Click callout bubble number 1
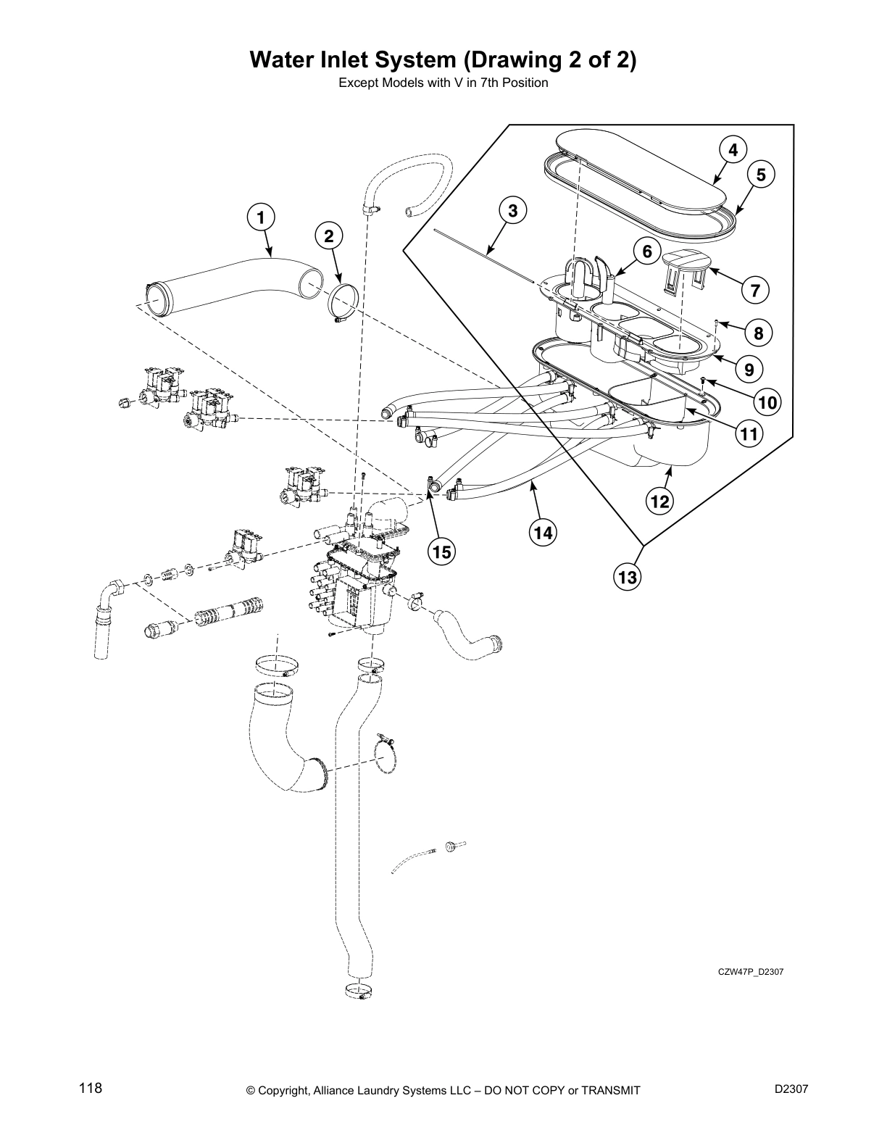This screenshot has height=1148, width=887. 261,216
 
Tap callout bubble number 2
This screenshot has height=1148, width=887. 329,236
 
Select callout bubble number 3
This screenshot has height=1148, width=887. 513,211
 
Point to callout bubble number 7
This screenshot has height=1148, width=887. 755,291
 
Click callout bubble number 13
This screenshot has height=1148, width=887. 628,577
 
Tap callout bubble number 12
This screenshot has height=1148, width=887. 661,501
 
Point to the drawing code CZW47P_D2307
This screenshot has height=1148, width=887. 747,971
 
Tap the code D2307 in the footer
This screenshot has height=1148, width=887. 791,1089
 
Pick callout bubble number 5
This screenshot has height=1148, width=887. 760,175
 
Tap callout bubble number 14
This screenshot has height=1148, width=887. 543,533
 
